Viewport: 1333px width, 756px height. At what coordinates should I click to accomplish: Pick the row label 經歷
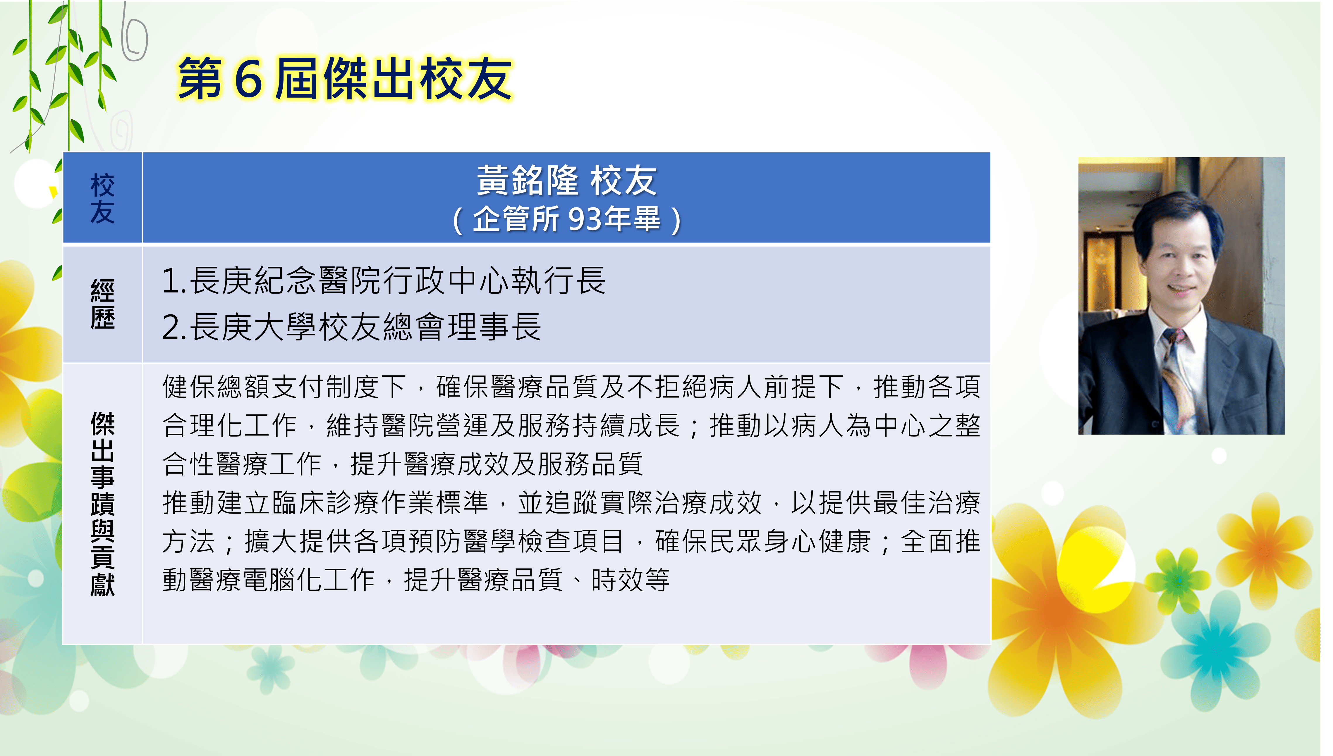(x=102, y=304)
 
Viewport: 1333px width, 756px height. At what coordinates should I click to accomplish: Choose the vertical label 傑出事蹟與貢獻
(x=102, y=504)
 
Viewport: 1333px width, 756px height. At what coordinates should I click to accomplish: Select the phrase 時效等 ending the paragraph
(x=631, y=580)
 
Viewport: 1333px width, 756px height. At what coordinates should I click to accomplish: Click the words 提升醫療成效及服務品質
(x=497, y=464)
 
